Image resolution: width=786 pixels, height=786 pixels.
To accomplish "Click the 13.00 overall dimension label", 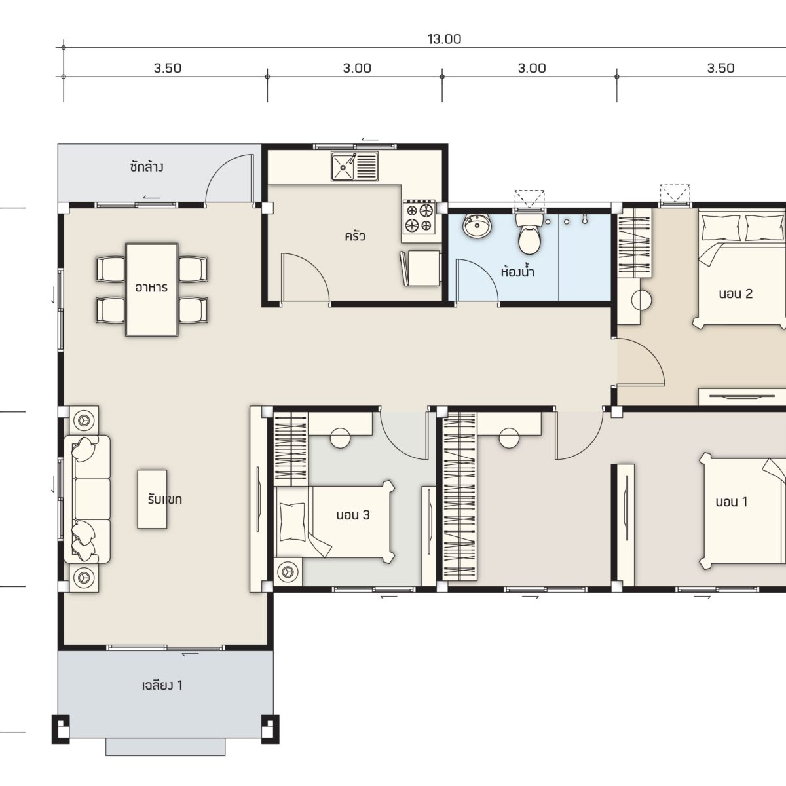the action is point(444,39).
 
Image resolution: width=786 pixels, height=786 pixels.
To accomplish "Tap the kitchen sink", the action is point(354,166).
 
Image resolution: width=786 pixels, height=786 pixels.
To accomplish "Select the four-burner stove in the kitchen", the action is point(419,217).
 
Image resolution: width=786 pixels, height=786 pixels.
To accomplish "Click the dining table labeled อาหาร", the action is point(152,290).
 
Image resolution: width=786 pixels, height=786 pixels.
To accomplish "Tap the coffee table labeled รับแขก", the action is point(152,499).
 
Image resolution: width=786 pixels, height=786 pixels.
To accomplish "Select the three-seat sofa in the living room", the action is point(87,499).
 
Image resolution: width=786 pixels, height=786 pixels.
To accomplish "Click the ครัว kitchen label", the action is point(354,236).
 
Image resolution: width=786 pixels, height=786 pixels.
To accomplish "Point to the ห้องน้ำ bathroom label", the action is point(517,271).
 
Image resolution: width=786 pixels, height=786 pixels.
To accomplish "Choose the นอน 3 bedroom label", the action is point(353,515).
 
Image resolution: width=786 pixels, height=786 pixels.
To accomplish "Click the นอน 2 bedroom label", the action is point(736,293).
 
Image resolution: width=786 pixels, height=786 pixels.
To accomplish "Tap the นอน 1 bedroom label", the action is point(732,502).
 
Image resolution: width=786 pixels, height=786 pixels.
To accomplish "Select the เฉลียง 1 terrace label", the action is point(162,685).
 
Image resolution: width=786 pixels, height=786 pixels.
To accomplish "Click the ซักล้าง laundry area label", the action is point(147,167).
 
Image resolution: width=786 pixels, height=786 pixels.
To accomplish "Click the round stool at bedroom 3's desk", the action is point(340,438).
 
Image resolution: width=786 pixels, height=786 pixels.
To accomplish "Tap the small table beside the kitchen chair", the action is point(424,268).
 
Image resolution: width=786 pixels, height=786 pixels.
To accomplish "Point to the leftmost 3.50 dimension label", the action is point(167,68).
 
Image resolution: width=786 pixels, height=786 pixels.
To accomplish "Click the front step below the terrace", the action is point(166,747).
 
